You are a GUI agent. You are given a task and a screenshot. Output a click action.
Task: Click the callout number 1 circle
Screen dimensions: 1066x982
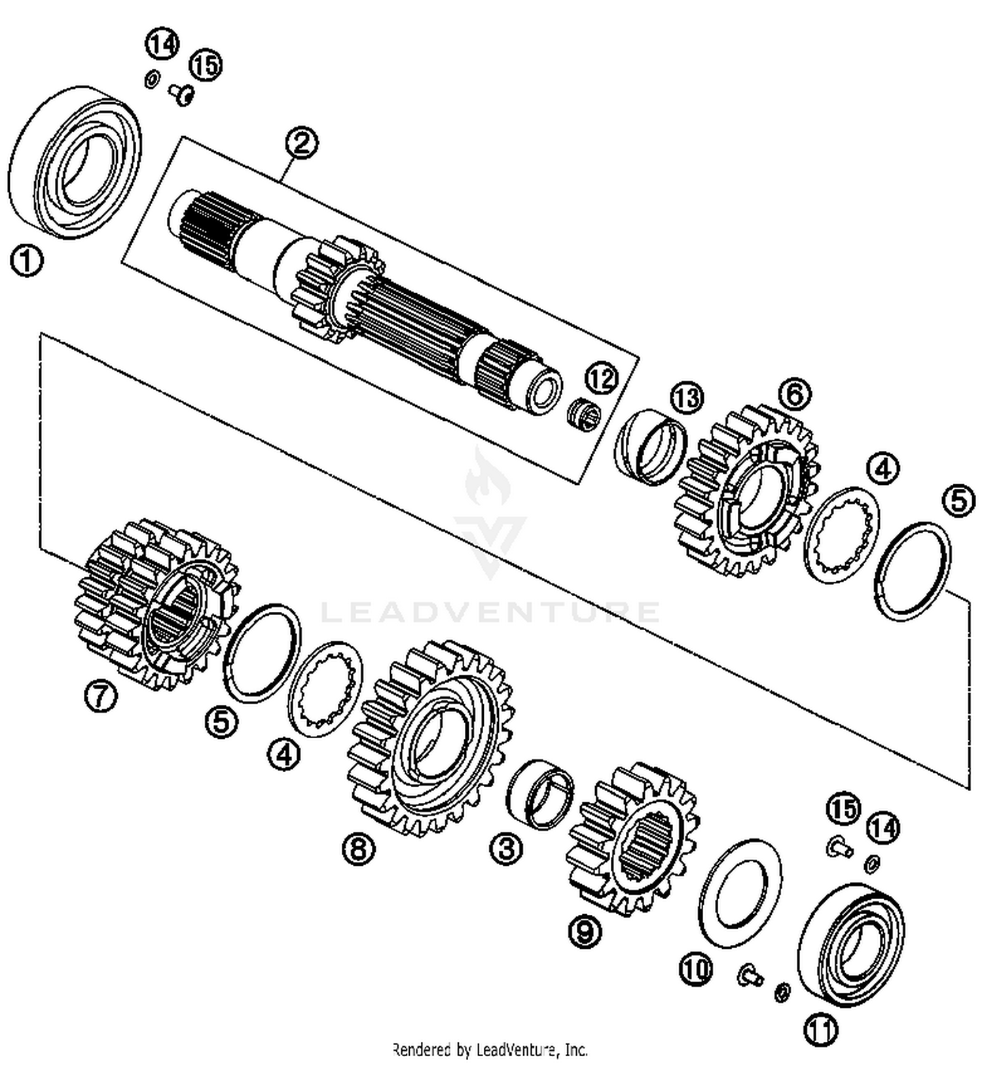[x=26, y=261]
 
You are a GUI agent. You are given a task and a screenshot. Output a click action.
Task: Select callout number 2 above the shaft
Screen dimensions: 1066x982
[x=302, y=143]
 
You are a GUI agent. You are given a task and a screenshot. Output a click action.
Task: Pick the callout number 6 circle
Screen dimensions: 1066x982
[x=794, y=394]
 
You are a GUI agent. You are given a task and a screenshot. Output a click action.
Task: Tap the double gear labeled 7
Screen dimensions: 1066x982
[x=156, y=605]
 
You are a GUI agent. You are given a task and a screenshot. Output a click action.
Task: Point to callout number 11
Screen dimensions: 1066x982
[x=821, y=1030]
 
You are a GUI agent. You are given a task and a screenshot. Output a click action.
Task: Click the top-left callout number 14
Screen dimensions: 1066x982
[x=162, y=45]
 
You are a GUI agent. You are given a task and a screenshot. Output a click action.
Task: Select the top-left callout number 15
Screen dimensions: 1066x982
[x=206, y=65]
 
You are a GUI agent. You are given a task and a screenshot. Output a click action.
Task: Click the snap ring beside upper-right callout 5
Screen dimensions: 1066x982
[x=912, y=571]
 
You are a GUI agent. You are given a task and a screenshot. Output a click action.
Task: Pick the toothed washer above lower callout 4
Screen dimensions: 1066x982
[x=326, y=689]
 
